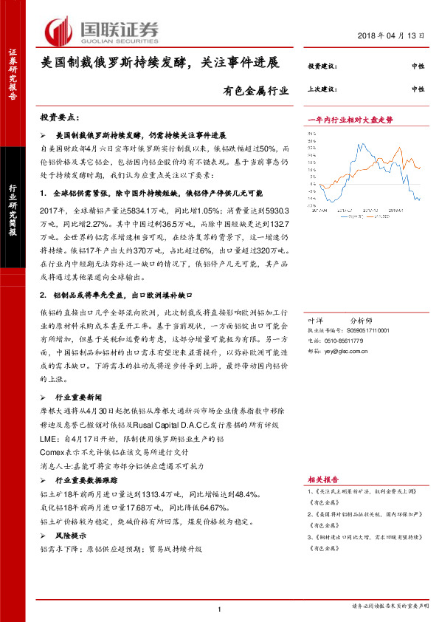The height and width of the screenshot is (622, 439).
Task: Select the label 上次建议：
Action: (320, 89)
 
